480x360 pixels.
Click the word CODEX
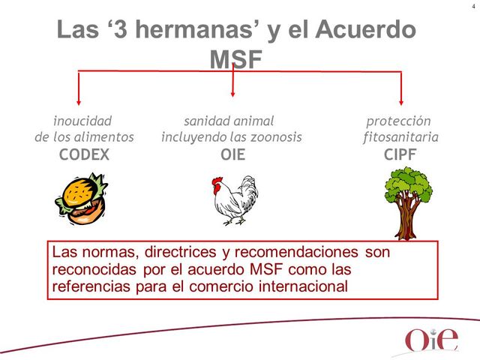tap(84, 155)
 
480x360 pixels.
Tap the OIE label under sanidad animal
tap(232, 155)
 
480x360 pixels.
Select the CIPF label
tap(400, 155)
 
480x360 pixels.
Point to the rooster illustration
tap(234, 200)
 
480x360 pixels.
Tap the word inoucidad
tap(82, 121)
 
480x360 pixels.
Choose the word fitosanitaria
tap(400, 137)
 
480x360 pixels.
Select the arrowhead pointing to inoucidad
tap(80, 102)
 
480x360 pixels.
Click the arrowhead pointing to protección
tap(402, 102)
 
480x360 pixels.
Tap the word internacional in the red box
tap(303, 286)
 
